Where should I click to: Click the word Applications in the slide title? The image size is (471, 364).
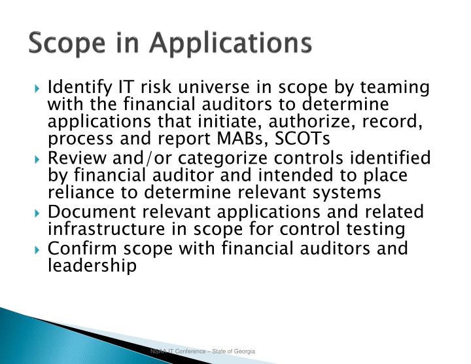point(231,44)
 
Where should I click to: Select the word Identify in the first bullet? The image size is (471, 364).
point(80,88)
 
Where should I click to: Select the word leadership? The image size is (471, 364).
point(92,266)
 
